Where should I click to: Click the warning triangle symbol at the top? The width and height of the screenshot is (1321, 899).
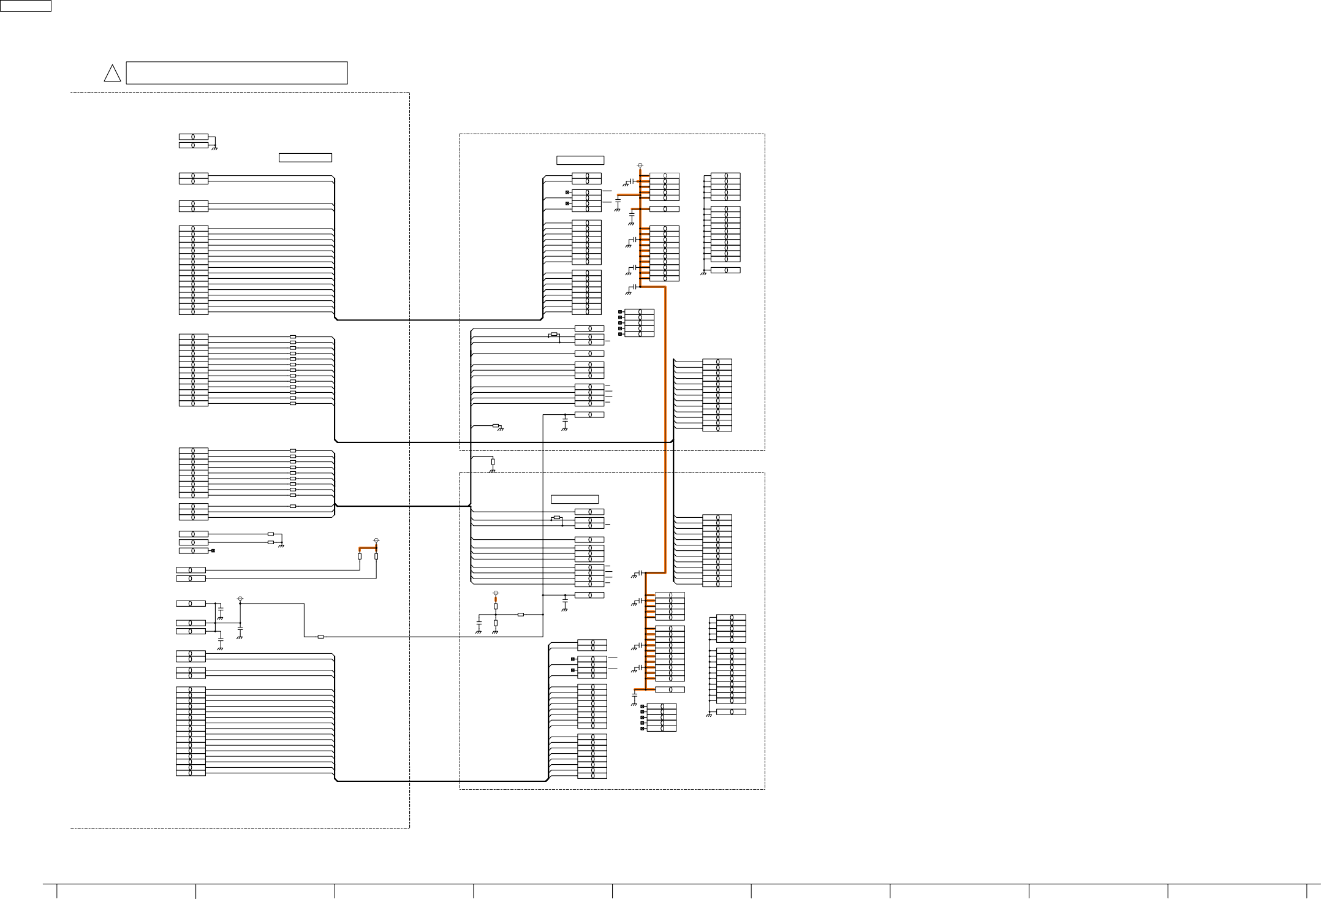tap(112, 74)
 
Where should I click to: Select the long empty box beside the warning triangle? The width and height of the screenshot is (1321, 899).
tap(237, 72)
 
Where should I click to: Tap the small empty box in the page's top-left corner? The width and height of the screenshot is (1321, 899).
tap(25, 6)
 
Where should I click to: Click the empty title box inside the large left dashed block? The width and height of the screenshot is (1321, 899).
tap(305, 157)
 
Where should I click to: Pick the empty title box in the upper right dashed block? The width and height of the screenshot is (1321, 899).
tap(580, 161)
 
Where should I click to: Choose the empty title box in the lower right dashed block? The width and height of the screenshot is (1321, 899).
tap(574, 499)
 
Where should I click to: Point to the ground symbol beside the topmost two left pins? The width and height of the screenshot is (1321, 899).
tap(214, 148)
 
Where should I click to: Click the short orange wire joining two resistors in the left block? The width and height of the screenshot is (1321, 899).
tap(368, 548)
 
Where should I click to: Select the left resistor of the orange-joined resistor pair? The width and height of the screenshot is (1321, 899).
tap(360, 556)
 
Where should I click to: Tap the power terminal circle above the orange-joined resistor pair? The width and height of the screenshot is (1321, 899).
tap(376, 541)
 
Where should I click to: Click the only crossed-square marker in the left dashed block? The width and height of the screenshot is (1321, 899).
tap(213, 551)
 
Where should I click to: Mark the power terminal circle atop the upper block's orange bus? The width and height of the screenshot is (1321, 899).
tap(640, 165)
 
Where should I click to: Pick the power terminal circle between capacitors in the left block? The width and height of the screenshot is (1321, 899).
tap(240, 598)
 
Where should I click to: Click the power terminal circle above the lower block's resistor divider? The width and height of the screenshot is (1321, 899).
tap(496, 593)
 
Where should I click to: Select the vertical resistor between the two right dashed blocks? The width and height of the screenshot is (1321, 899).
tap(493, 462)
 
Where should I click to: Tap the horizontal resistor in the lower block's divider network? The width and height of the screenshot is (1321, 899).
tap(521, 614)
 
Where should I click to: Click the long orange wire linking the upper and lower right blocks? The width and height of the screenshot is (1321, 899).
tap(665, 429)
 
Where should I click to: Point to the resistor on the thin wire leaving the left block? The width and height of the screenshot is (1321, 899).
tap(320, 637)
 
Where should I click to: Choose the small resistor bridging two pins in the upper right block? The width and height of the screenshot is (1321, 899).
tap(554, 335)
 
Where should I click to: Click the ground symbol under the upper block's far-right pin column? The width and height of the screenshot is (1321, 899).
tap(704, 273)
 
